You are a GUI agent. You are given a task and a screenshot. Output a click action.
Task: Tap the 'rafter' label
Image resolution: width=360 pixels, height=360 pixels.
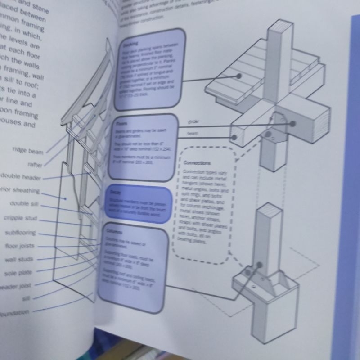click(x=35, y=165)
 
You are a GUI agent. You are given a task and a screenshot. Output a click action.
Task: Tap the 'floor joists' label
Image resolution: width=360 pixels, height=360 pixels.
click(x=20, y=246)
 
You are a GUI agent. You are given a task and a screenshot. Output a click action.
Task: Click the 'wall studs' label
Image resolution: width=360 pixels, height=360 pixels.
click(x=19, y=260)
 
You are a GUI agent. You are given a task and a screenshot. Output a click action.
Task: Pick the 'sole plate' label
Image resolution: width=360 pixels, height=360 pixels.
click(x=16, y=273)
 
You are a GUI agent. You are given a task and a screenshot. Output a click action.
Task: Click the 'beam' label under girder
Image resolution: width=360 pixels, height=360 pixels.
click(x=192, y=134)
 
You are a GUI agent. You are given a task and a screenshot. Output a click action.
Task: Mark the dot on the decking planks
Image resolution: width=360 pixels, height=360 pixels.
click(x=239, y=76)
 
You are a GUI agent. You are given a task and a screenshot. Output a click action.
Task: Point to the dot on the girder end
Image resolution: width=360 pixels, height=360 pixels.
click(x=293, y=123)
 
